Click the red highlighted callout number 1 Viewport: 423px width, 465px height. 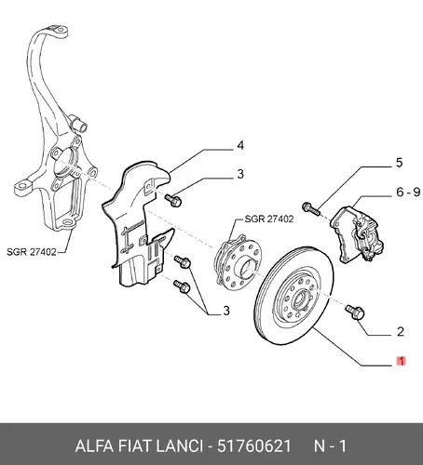point(401,361)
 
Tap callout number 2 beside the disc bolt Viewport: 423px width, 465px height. point(401,332)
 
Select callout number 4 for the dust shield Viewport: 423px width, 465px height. point(240,145)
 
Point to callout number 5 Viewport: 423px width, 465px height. point(399,163)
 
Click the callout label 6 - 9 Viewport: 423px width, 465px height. point(408,193)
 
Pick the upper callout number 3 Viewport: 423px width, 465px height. point(240,174)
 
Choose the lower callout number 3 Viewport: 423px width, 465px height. point(226,311)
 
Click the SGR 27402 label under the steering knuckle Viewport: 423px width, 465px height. point(32,252)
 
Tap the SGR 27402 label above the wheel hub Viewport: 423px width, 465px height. point(269,219)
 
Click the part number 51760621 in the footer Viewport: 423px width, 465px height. point(254,446)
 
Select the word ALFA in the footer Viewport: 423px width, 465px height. point(94,446)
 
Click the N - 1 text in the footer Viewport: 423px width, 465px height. point(330,446)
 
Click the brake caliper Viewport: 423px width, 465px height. point(357,234)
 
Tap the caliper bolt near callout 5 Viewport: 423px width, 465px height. point(310,208)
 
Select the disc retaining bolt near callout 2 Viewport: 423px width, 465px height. point(355,312)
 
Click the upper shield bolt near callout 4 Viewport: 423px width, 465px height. point(173,200)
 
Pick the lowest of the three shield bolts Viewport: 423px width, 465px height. point(182,286)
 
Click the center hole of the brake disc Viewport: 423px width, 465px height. point(300,299)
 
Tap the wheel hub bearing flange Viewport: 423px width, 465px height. point(239,263)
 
